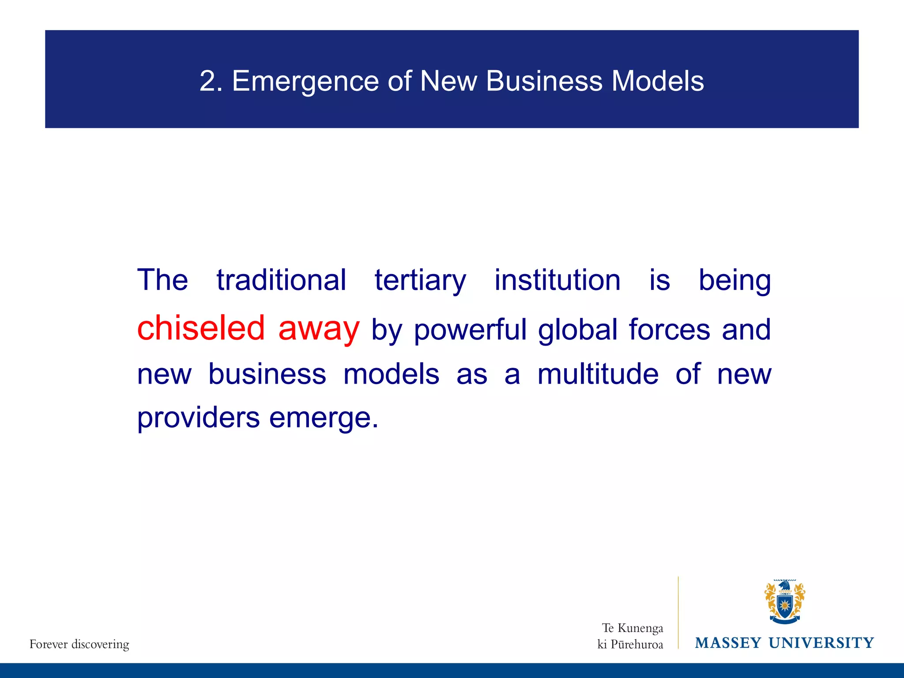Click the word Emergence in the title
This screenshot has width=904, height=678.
click(305, 81)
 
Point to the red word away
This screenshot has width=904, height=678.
click(319, 329)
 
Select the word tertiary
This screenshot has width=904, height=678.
click(420, 281)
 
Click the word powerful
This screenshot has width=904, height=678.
click(470, 330)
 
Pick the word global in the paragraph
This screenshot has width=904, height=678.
click(577, 330)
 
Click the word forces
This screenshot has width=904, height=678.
click(669, 330)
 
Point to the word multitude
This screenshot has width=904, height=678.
click(598, 374)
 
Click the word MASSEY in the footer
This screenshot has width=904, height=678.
click(728, 643)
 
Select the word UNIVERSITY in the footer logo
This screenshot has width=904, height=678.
click(821, 643)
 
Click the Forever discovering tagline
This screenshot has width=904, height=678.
click(79, 644)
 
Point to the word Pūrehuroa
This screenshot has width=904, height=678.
click(637, 644)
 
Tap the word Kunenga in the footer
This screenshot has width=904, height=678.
click(640, 628)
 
